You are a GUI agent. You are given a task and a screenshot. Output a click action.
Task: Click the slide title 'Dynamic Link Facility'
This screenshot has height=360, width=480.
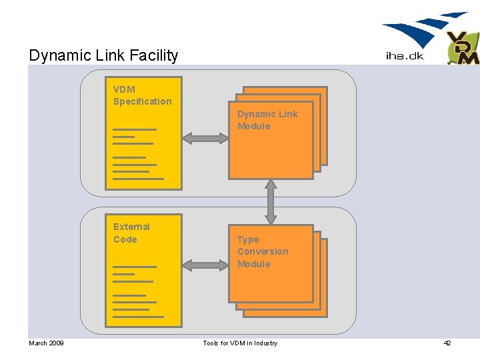[103, 55]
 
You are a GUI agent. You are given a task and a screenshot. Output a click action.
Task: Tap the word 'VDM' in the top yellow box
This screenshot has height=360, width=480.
[124, 89]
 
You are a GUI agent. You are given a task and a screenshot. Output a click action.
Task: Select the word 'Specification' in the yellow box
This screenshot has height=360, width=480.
[142, 101]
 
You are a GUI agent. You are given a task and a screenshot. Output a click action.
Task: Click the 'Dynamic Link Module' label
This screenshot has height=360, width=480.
[267, 120]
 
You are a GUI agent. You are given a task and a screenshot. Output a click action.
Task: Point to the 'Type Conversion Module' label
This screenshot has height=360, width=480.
[263, 251]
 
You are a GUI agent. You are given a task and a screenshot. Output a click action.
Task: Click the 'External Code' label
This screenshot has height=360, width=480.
[131, 233]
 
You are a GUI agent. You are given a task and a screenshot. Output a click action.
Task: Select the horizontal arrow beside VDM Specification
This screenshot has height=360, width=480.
[205, 138]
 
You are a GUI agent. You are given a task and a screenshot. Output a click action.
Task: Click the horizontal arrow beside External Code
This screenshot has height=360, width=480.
[205, 265]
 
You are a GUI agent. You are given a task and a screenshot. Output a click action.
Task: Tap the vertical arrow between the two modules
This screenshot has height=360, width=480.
[271, 201]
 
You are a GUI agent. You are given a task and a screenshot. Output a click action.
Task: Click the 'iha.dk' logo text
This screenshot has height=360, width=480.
[404, 56]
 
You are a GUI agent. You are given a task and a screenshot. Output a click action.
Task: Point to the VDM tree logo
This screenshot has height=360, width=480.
[462, 48]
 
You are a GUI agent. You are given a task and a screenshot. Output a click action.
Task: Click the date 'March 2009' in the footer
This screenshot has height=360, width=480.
[46, 343]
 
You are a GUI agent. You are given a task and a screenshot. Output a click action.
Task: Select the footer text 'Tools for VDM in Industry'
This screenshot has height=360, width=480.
[240, 343]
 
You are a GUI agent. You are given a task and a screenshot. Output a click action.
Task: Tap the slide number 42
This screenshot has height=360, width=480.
[447, 343]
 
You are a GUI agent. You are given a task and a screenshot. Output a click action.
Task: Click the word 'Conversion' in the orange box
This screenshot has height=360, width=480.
[263, 251]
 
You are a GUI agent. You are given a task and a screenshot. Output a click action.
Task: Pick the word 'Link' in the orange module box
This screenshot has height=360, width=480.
[288, 114]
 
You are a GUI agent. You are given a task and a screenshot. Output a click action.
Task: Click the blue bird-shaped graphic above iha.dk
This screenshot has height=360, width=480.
[423, 30]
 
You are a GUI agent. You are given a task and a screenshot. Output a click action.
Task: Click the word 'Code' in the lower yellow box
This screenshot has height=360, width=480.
[125, 239]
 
